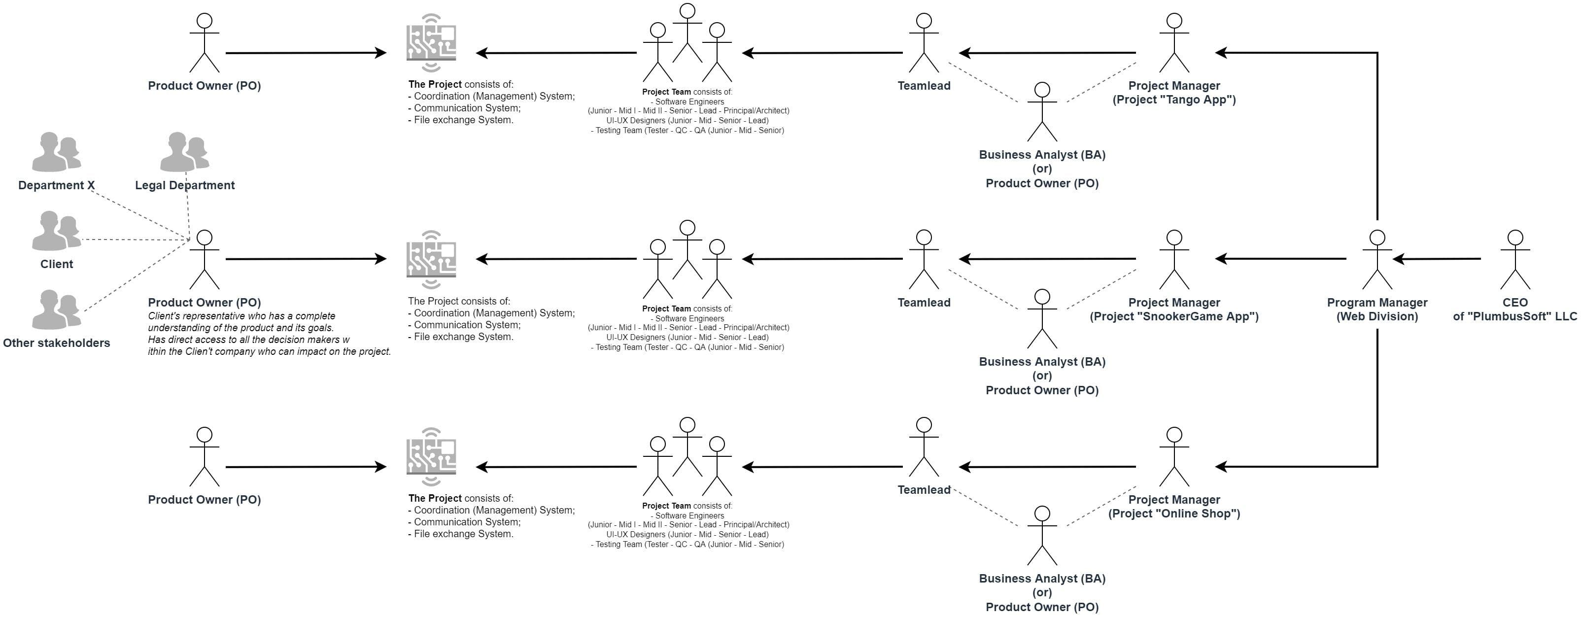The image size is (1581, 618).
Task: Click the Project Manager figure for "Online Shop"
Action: point(1173,457)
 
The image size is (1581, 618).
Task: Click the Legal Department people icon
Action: point(184,152)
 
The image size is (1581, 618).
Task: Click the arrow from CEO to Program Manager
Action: point(1436,259)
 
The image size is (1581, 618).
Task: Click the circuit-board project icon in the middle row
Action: point(431,260)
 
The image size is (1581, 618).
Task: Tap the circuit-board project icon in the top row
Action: point(431,43)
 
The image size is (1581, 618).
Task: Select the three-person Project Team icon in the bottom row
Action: point(687,457)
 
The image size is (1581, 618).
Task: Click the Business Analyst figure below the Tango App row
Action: point(1041,112)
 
